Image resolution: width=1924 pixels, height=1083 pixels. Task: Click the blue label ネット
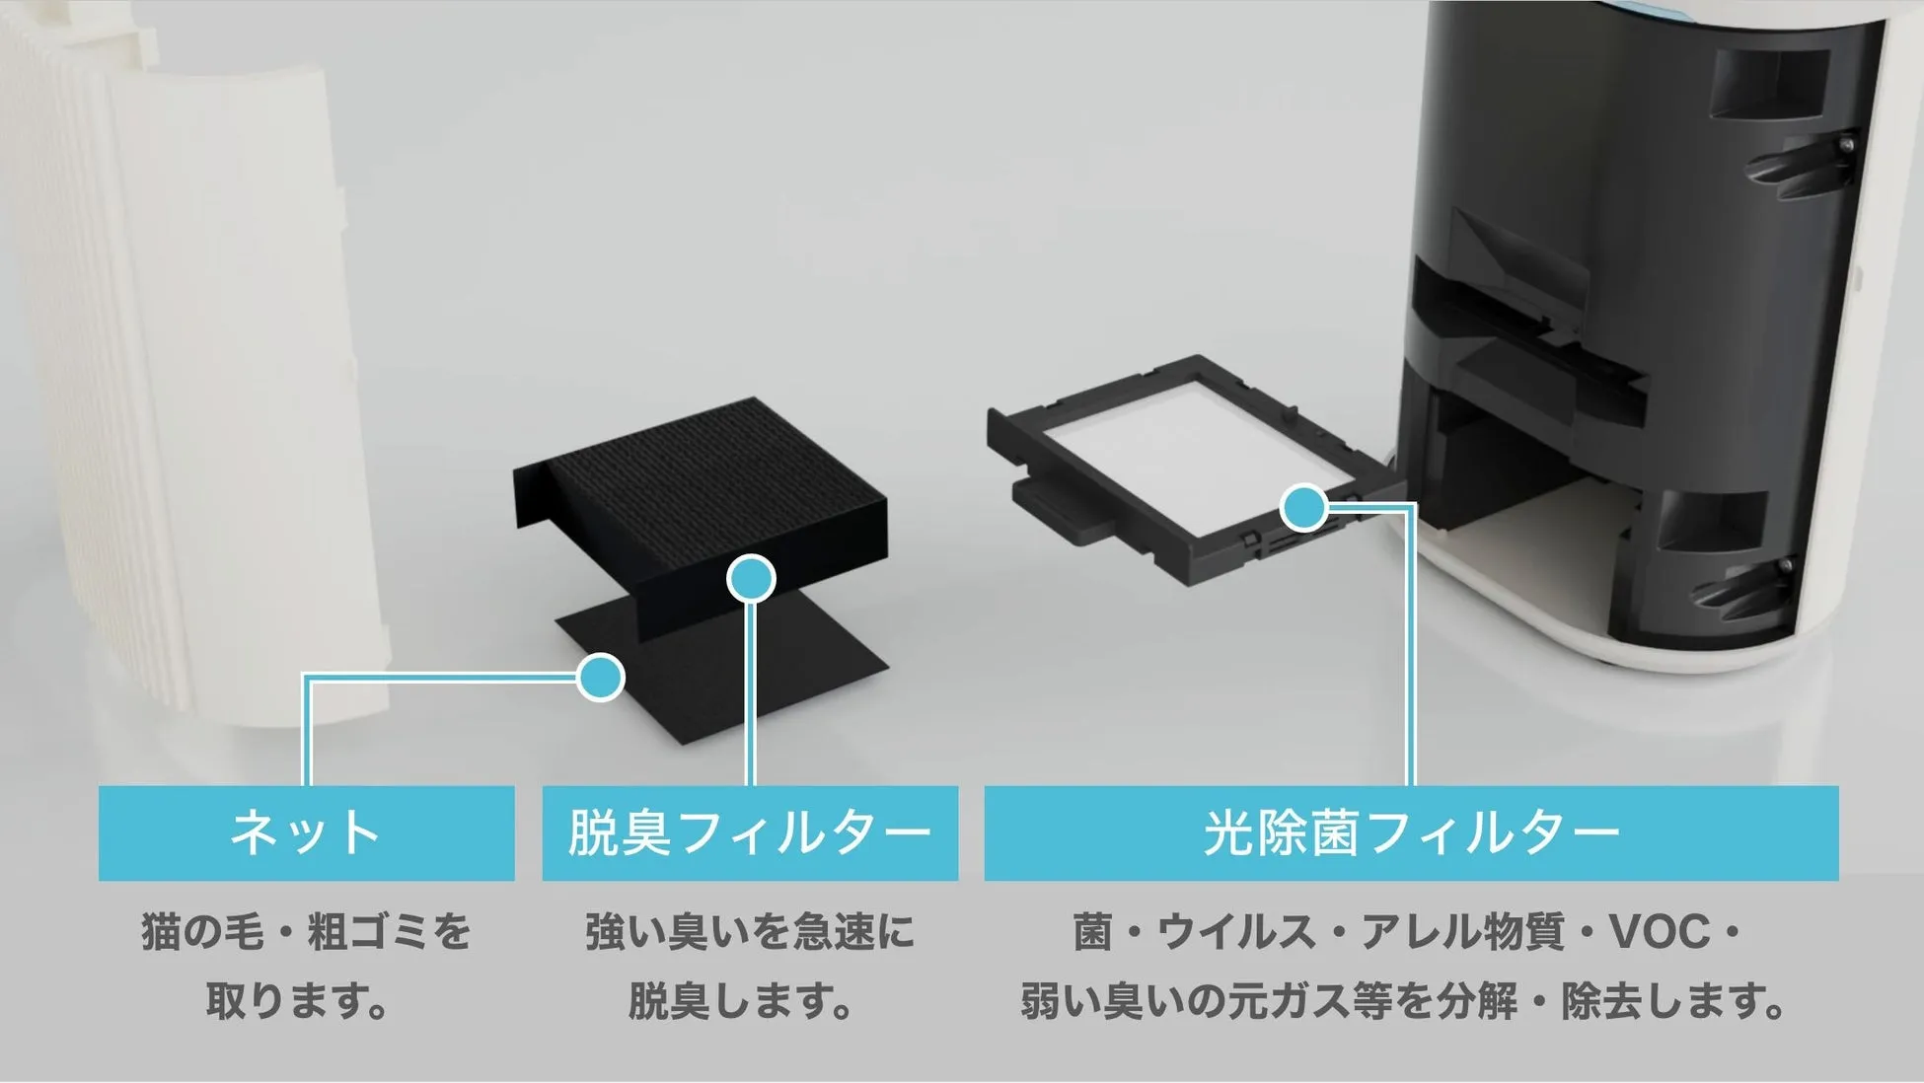click(x=306, y=832)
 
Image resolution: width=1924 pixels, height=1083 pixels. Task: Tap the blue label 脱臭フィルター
click(x=750, y=832)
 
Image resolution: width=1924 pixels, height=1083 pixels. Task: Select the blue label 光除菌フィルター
click(x=1411, y=832)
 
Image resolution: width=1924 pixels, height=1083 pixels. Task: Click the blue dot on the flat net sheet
click(x=600, y=677)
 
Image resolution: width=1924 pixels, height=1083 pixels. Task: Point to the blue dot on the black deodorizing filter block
click(x=751, y=579)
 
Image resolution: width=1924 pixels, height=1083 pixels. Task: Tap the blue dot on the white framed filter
click(x=1304, y=508)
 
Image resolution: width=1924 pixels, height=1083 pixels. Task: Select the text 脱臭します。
click(x=740, y=1001)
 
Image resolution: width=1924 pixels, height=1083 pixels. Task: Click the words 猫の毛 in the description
click(x=202, y=932)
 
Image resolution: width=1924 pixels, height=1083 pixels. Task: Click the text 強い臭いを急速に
click(x=750, y=932)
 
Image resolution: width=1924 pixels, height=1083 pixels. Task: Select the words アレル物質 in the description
click(x=1462, y=932)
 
